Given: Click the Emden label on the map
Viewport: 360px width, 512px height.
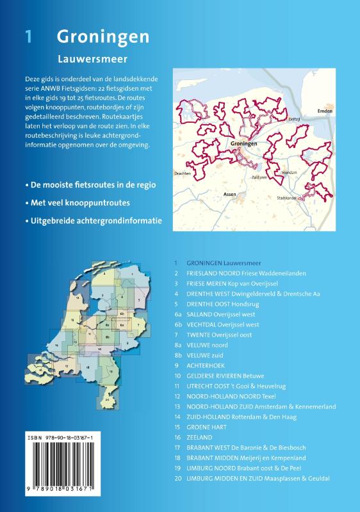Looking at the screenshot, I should click(326, 111).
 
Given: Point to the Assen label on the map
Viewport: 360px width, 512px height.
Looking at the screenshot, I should click(230, 193).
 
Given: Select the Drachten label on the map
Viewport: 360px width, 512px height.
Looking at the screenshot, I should click(183, 173).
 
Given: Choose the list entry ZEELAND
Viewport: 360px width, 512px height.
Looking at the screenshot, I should click(199, 436).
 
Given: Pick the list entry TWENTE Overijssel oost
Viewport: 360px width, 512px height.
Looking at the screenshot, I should click(224, 334).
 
